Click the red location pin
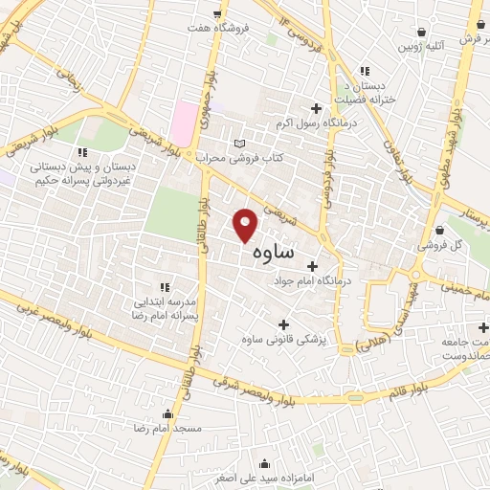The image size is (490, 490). coord(246,226)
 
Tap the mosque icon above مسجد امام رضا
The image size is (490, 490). coord(169,414)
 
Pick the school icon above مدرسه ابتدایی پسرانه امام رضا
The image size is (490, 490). coord(165,286)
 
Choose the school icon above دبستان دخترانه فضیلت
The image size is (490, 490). coord(364,70)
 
